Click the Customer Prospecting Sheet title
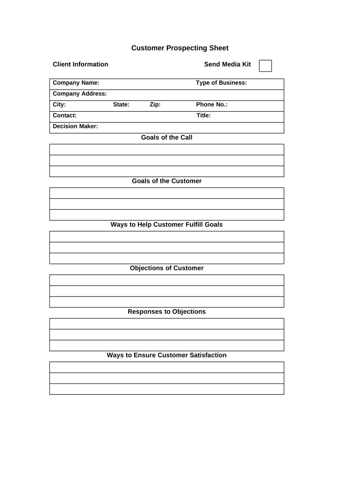coord(180,48)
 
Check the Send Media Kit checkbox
coord(265,66)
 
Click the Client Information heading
coord(80,65)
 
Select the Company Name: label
coord(76,83)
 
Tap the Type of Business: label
coord(221,83)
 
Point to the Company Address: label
coord(79,94)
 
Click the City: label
coord(59,105)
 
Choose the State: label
coord(121,105)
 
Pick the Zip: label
coord(155,105)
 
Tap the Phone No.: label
coord(211,105)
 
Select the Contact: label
coord(65,116)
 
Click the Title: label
coord(203,116)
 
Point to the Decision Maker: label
coord(75,126)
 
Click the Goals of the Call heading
coord(166,138)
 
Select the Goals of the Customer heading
coord(166,181)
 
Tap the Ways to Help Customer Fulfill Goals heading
coord(166,225)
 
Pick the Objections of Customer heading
coord(166,268)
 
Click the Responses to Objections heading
coord(166,312)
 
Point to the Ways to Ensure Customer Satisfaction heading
coord(166,355)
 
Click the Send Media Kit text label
coord(227,65)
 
